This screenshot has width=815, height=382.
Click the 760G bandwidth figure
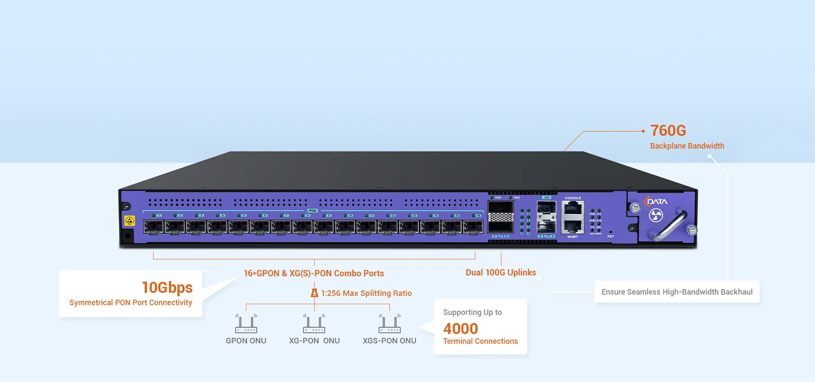tap(668, 131)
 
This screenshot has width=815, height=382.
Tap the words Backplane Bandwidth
tap(687, 146)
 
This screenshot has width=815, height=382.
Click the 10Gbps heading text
tap(167, 287)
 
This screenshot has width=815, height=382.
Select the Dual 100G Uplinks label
tap(500, 272)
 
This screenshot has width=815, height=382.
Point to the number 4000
tap(461, 329)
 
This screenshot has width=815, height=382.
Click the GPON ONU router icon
tap(246, 324)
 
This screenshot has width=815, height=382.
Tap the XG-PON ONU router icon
tap(314, 324)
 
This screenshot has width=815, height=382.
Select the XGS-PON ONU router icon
tap(390, 324)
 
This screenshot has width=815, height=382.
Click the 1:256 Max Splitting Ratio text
tap(366, 293)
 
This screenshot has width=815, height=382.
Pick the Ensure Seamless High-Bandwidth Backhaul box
tap(677, 292)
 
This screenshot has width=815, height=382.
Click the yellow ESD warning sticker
tap(129, 221)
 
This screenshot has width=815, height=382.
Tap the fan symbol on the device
tap(656, 216)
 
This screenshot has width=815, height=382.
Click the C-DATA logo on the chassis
tap(656, 202)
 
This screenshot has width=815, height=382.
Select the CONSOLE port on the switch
tap(573, 209)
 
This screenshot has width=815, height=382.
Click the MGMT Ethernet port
tap(573, 227)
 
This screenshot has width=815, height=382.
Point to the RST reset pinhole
tap(610, 232)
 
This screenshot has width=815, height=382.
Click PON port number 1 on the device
tap(153, 227)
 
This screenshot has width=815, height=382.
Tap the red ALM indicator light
tap(592, 230)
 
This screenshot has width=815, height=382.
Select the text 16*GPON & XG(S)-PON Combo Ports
tap(314, 273)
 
